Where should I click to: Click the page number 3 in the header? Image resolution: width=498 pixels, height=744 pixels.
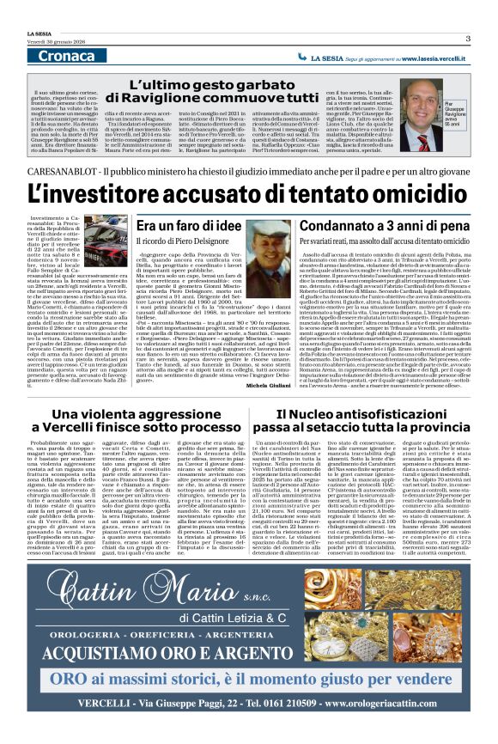[x=468, y=38]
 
